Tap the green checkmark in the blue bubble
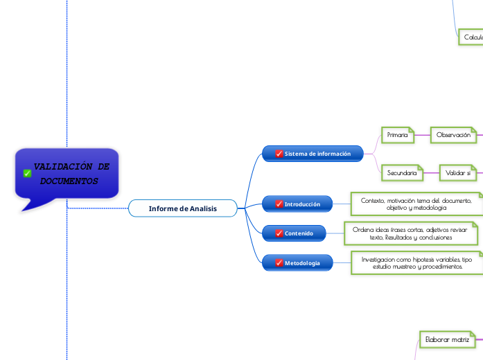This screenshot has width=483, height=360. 27,174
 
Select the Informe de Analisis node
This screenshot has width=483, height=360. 182,208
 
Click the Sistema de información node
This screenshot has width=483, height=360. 313,154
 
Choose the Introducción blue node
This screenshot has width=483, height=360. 298,204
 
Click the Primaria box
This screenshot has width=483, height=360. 398,135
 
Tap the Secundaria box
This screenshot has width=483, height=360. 402,171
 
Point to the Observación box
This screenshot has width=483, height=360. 454,135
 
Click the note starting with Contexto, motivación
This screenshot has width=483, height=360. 416,204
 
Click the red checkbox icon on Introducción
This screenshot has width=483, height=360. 279,204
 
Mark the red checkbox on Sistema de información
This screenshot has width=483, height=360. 279,154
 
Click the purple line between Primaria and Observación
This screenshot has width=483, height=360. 423,135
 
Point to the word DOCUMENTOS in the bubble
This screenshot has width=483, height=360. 69,181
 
